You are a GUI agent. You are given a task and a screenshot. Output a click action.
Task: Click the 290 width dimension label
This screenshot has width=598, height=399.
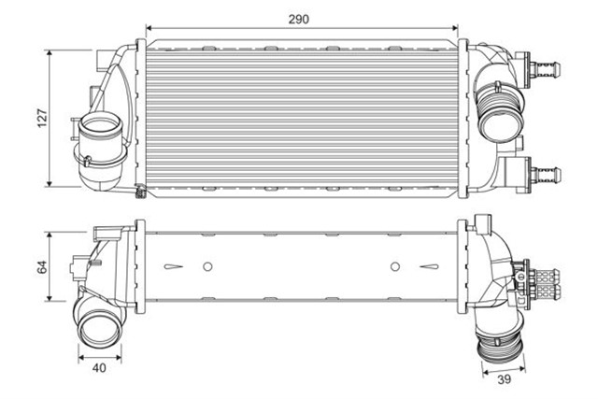[299, 19]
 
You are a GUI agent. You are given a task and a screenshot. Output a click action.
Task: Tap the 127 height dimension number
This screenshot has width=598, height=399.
[40, 119]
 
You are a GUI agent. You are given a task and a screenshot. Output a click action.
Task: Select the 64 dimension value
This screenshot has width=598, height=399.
[40, 266]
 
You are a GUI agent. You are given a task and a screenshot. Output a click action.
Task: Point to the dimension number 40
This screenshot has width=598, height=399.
[98, 368]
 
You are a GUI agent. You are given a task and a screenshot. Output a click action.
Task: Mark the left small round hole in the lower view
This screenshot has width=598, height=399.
[207, 266]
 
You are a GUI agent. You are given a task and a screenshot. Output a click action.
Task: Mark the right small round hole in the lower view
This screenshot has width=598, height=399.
[395, 266]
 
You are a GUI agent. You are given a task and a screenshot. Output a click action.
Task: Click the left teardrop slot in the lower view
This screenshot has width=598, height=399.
[173, 266]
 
